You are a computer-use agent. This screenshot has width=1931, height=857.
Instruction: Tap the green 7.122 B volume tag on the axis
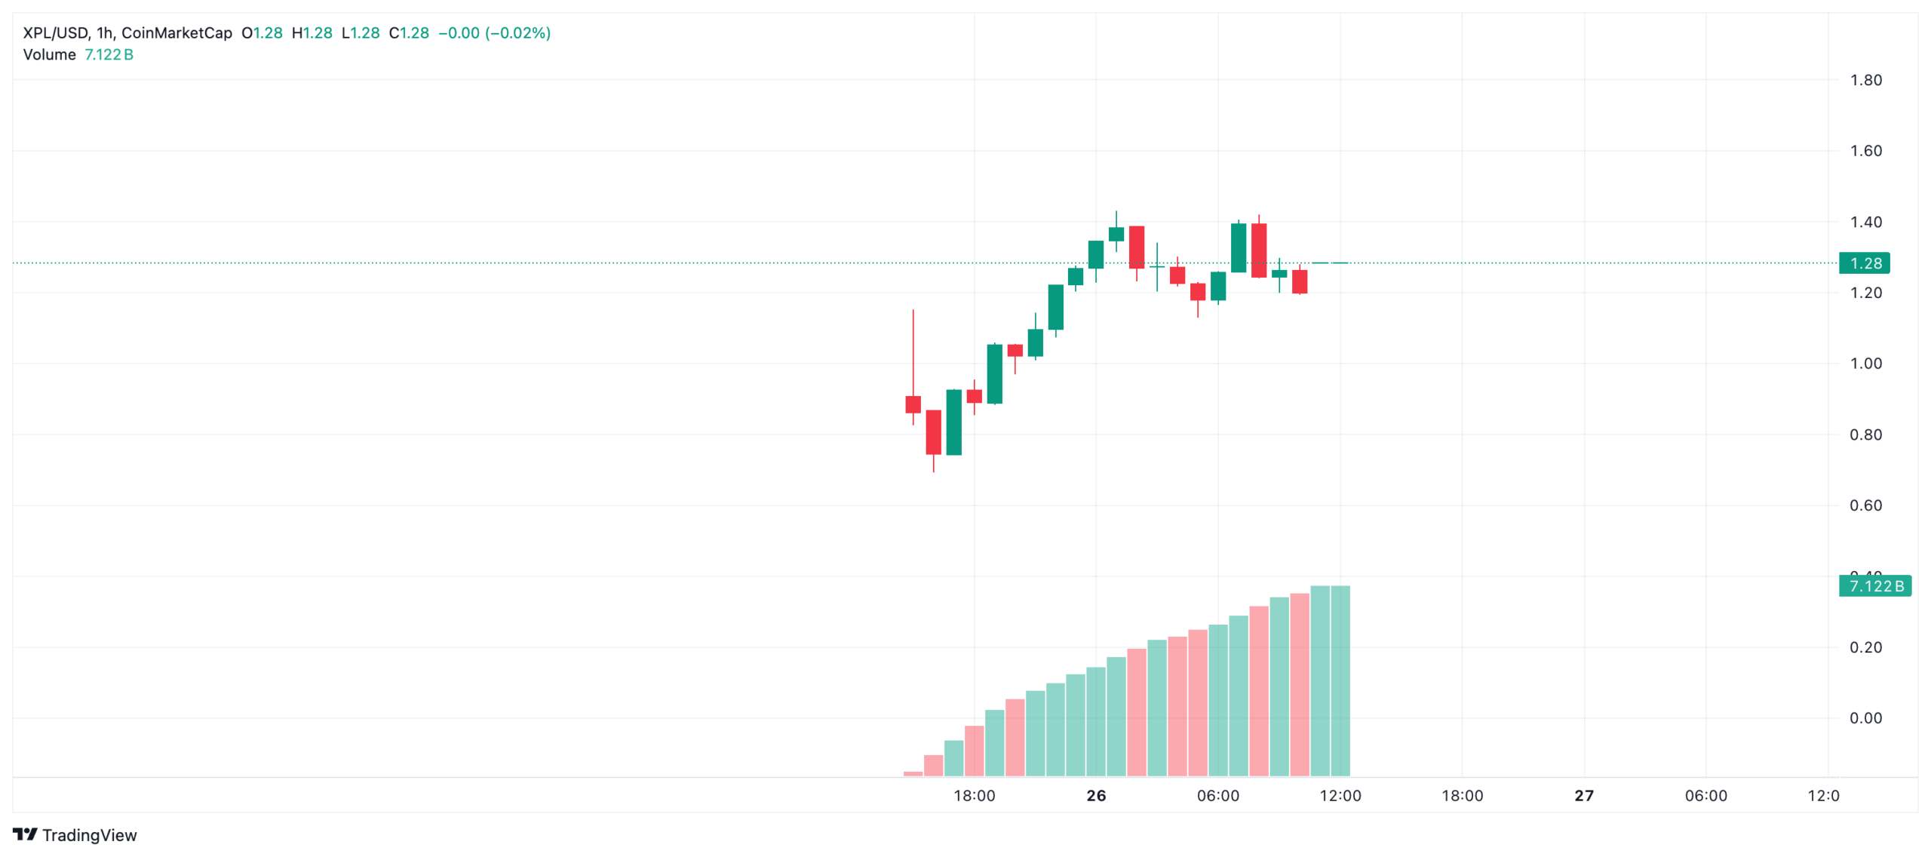[1874, 586]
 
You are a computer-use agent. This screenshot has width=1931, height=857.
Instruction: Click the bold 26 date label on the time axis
[1095, 796]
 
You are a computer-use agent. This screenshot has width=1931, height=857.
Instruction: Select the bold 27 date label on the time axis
[1583, 796]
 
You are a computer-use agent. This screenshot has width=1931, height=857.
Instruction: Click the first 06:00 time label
[1217, 796]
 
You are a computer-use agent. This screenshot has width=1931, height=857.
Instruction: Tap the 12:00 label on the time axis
[1340, 796]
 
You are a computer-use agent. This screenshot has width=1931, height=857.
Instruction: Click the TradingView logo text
[89, 835]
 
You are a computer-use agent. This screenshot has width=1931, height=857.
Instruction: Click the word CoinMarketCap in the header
[177, 33]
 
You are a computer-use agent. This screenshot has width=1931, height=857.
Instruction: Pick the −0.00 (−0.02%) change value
[494, 33]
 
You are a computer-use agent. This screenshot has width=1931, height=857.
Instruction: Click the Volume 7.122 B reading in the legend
[78, 55]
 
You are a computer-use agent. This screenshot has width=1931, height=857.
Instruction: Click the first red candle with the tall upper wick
[913, 404]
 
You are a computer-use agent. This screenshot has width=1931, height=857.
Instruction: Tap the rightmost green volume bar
[1340, 679]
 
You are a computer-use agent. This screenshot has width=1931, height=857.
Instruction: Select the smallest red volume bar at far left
[913, 773]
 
